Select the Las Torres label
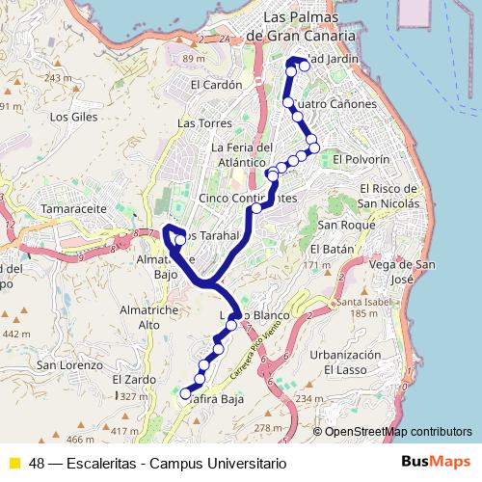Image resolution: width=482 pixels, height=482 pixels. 200,123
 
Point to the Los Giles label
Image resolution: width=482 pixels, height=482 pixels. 69,117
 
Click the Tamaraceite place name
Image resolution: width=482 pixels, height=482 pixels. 45,207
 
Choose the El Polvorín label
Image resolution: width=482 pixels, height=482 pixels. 361,158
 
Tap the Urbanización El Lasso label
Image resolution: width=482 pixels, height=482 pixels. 344,361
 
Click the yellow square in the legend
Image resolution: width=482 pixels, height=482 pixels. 13,463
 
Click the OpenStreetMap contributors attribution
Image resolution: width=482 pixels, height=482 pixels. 398,431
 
